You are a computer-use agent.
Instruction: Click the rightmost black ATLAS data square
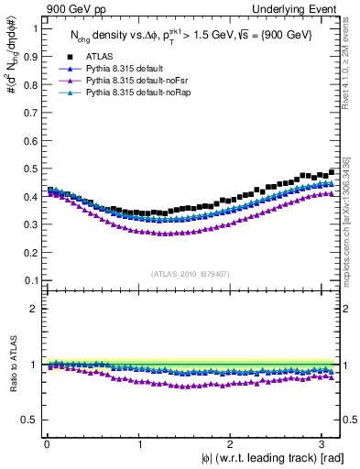click(331, 171)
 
